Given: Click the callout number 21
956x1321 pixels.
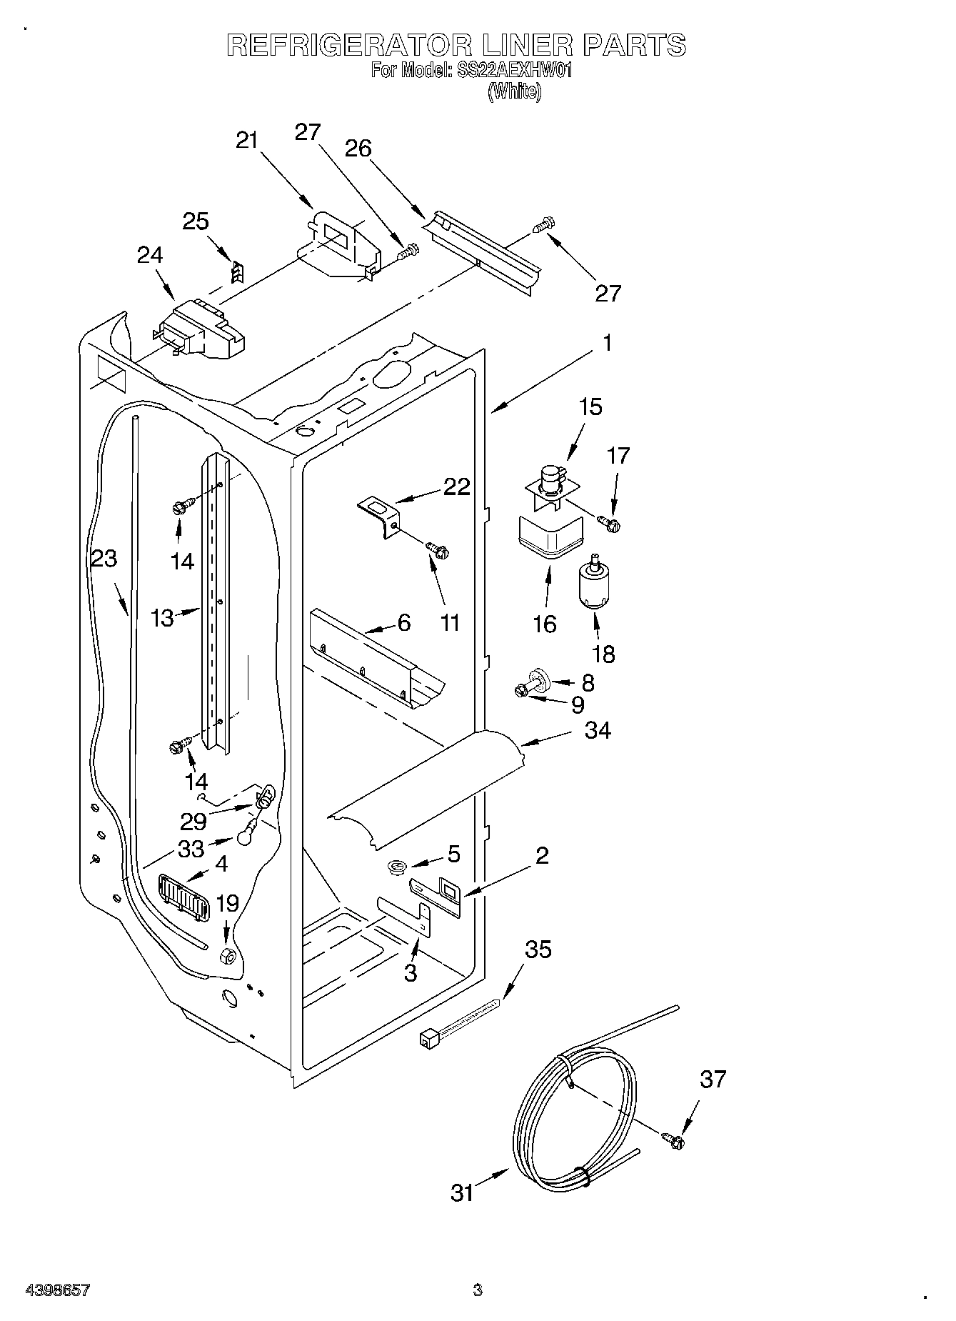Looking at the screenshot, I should pyautogui.click(x=246, y=141).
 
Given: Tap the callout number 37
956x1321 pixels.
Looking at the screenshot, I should pyautogui.click(x=712, y=1079).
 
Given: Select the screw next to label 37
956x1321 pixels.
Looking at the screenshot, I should pyautogui.click(x=673, y=1141).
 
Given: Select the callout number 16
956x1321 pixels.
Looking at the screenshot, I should pyautogui.click(x=544, y=624).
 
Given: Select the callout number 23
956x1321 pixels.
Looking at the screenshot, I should pyautogui.click(x=104, y=558).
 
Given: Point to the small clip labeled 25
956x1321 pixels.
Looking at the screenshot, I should pyautogui.click(x=238, y=272).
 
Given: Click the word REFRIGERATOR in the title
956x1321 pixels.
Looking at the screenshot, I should pyautogui.click(x=348, y=45).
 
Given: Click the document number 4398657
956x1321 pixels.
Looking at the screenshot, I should pyautogui.click(x=57, y=1290).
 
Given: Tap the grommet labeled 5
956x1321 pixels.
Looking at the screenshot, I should pyautogui.click(x=397, y=867).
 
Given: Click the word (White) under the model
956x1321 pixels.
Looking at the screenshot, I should pyautogui.click(x=514, y=92).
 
